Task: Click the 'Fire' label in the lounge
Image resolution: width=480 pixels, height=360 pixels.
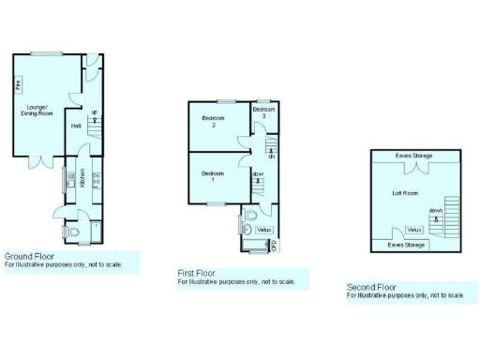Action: coord(18,85)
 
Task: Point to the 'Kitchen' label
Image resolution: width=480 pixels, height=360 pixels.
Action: coord(83,177)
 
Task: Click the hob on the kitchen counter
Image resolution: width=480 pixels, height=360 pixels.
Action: coord(97,175)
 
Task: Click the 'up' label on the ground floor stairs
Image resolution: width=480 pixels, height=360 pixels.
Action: coord(94,114)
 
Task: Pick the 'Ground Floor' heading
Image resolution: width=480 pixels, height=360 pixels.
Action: coord(29,255)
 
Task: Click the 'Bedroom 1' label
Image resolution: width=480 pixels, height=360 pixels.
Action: coord(213,176)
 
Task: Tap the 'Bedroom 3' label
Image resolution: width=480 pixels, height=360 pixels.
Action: coord(264,112)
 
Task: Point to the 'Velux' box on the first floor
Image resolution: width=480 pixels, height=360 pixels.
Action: coord(264,229)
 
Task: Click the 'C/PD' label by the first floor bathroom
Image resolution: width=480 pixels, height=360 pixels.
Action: coord(275,246)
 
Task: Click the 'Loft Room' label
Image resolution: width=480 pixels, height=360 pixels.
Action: coord(405,193)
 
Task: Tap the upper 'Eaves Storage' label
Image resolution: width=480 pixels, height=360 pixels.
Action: coord(413,156)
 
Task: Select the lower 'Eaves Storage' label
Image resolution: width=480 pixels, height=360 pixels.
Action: coord(407,245)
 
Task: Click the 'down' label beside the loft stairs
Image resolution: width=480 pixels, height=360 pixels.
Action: coord(436,210)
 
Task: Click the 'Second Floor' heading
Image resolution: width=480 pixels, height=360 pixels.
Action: coord(372,287)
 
